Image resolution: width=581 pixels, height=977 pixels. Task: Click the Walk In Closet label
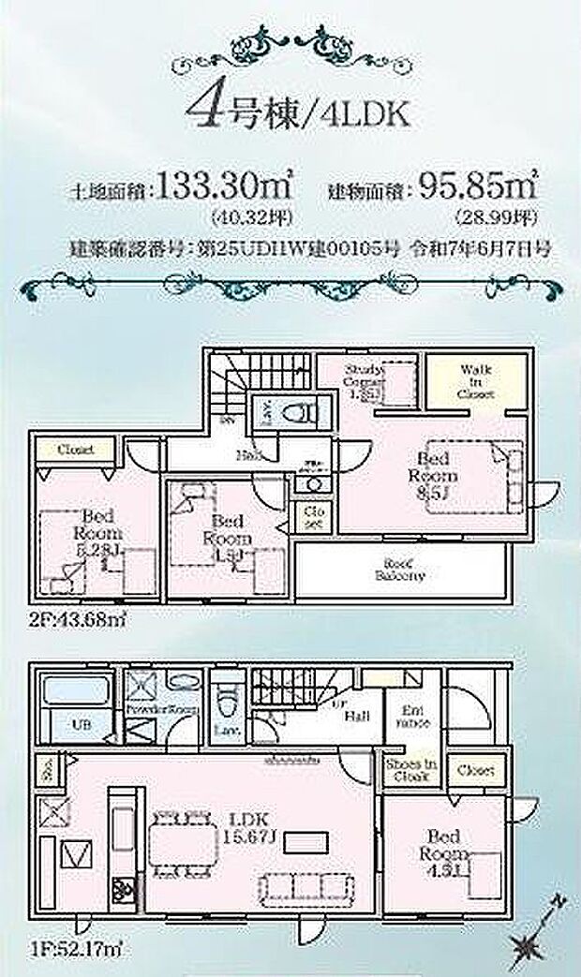[477, 380]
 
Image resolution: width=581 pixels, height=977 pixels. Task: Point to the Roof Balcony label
[403, 570]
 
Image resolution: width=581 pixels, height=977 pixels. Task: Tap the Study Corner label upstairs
[364, 382]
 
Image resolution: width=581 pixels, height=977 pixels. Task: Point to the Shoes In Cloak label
[410, 770]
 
